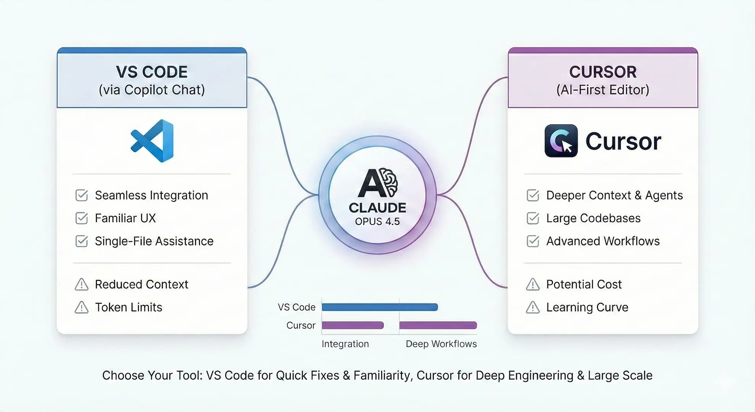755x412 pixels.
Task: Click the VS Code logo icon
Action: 152,141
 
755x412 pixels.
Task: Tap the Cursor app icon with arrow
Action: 561,141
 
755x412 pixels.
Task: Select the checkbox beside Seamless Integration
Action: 82,195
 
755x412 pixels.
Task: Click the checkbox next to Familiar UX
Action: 82,218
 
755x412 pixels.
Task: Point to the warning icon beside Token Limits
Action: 82,307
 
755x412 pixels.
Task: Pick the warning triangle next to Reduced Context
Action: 82,284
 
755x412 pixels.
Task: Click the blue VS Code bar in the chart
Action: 380,307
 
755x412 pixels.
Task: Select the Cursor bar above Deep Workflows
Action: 438,325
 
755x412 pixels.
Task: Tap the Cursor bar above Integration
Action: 353,325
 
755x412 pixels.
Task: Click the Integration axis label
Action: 345,344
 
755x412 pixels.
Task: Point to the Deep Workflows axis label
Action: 441,344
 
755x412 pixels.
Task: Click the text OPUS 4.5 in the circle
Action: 377,222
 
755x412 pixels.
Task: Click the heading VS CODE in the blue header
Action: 152,72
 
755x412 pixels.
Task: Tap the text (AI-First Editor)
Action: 603,90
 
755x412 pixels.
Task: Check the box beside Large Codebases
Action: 533,218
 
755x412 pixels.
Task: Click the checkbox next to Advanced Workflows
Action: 533,241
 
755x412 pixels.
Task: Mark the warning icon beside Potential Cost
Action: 533,284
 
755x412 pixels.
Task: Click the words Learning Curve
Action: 587,307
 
